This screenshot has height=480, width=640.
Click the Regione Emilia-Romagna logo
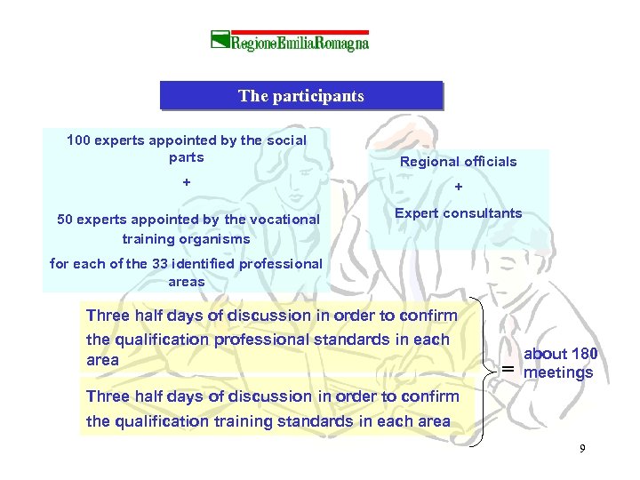pyautogui.click(x=290, y=41)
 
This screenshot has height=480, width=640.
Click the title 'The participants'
pyautogui.click(x=300, y=96)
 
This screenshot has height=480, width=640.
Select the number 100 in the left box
pyautogui.click(x=79, y=140)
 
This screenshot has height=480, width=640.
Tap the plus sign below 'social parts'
pyautogui.click(x=186, y=181)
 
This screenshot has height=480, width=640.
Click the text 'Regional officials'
pyautogui.click(x=458, y=161)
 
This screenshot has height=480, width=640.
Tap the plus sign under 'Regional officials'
pyautogui.click(x=458, y=187)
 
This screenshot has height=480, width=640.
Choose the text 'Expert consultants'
pyautogui.click(x=458, y=213)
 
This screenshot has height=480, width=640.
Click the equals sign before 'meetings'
pyautogui.click(x=507, y=369)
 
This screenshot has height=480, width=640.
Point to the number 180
pyautogui.click(x=583, y=354)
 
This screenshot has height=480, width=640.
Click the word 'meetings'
pyautogui.click(x=558, y=372)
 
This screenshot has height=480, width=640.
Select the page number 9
pyautogui.click(x=582, y=449)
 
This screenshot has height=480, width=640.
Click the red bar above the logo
pyautogui.click(x=290, y=30)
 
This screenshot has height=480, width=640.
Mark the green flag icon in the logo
pyautogui.click(x=220, y=40)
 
